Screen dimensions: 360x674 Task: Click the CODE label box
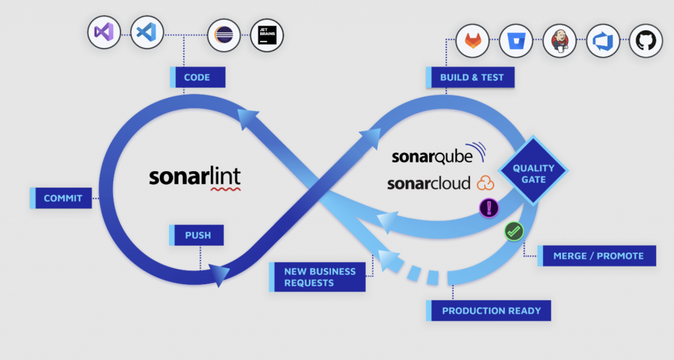(197, 77)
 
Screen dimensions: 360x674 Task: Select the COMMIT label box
(62, 198)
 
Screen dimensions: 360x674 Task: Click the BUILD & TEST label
(471, 77)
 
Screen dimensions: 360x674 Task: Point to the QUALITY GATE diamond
(533, 173)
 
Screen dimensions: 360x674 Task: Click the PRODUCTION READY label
(490, 311)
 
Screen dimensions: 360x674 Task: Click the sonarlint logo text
(194, 177)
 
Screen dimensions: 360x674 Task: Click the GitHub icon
(646, 40)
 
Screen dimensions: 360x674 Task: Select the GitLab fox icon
(473, 40)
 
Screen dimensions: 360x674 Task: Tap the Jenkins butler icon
(560, 40)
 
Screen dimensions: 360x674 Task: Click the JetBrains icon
(267, 35)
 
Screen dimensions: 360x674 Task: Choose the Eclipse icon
(224, 35)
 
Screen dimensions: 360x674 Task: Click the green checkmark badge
(513, 231)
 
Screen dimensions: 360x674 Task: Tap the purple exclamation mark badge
(488, 208)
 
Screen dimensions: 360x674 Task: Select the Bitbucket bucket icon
(516, 40)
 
